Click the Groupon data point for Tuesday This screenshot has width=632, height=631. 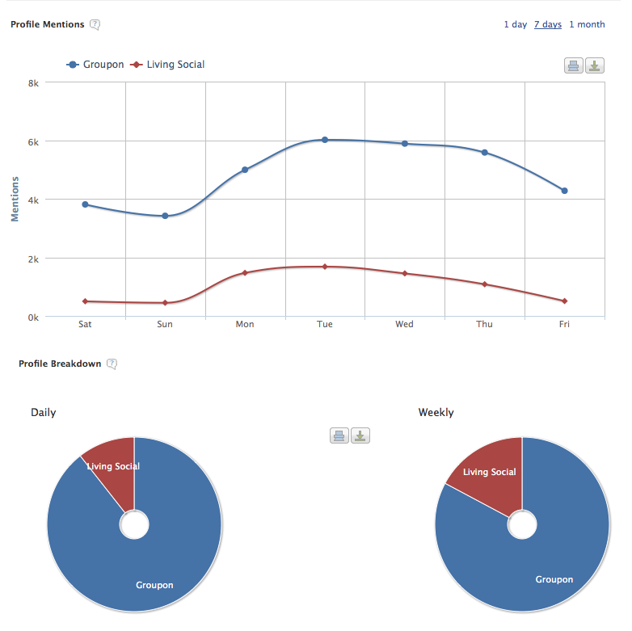pyautogui.click(x=325, y=140)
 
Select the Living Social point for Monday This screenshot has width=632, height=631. pyautogui.click(x=245, y=273)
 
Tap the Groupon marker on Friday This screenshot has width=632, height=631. pyautogui.click(x=565, y=191)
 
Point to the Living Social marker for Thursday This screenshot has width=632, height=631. pyautogui.click(x=485, y=284)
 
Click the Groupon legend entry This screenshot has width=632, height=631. pyautogui.click(x=95, y=65)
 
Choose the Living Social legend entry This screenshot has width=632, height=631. pyautogui.click(x=168, y=65)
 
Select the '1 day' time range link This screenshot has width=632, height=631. pyautogui.click(x=516, y=24)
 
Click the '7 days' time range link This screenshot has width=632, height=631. pyautogui.click(x=547, y=24)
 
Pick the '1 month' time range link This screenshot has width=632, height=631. pyautogui.click(x=587, y=24)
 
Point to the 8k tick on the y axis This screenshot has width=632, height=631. pyautogui.click(x=33, y=83)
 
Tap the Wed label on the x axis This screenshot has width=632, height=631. pyautogui.click(x=404, y=325)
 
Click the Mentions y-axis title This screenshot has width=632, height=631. pyautogui.click(x=15, y=200)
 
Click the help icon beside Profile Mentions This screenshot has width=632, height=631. pyautogui.click(x=95, y=24)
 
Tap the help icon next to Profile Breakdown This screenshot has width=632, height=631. pyautogui.click(x=112, y=364)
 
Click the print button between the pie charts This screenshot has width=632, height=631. pyautogui.click(x=339, y=436)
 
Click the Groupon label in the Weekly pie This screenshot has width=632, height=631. pyautogui.click(x=554, y=579)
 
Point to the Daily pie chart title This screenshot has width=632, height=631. pyautogui.click(x=44, y=412)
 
